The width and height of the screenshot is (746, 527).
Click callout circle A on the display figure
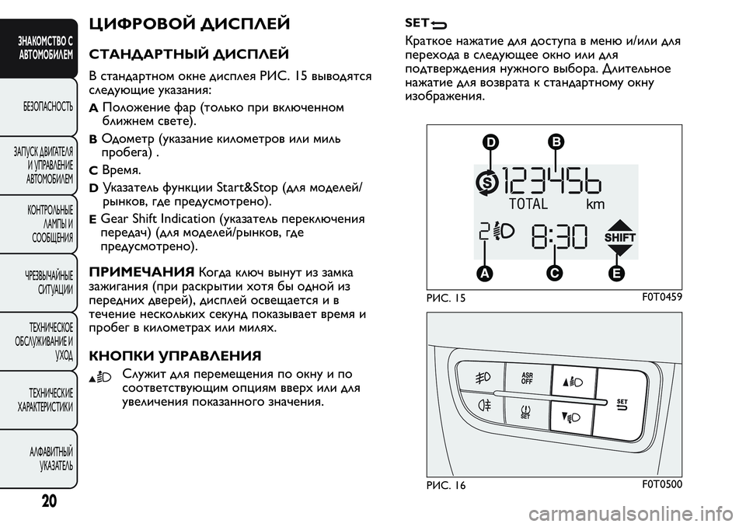(x=486, y=273)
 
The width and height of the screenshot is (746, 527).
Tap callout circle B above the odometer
(x=556, y=141)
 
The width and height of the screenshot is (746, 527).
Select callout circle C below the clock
(x=554, y=273)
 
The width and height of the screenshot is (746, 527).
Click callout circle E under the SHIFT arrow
(x=617, y=273)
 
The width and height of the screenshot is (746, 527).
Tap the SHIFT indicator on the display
(x=619, y=236)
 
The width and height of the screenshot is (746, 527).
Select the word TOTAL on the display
(x=529, y=205)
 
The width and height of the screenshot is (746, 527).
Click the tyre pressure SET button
(x=527, y=410)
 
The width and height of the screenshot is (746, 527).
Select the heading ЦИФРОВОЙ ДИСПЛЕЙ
(x=190, y=24)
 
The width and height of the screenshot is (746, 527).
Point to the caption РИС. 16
(x=445, y=485)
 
